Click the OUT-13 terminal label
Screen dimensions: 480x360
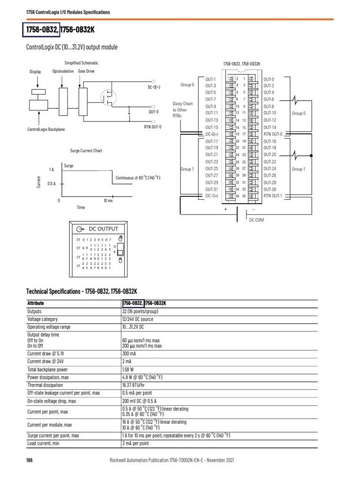(x=211, y=120)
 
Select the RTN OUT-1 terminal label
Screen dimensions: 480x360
(x=273, y=195)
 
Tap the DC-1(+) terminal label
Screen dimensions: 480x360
(x=212, y=195)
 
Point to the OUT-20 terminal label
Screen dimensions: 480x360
(x=270, y=155)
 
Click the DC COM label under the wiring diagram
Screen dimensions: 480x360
(x=256, y=219)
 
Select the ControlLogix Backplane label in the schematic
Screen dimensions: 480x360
(x=45, y=129)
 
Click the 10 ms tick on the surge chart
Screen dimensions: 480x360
(x=108, y=201)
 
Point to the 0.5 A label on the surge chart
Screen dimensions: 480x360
(x=52, y=184)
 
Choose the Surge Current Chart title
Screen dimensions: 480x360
(x=86, y=151)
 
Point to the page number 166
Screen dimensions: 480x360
(x=29, y=460)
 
